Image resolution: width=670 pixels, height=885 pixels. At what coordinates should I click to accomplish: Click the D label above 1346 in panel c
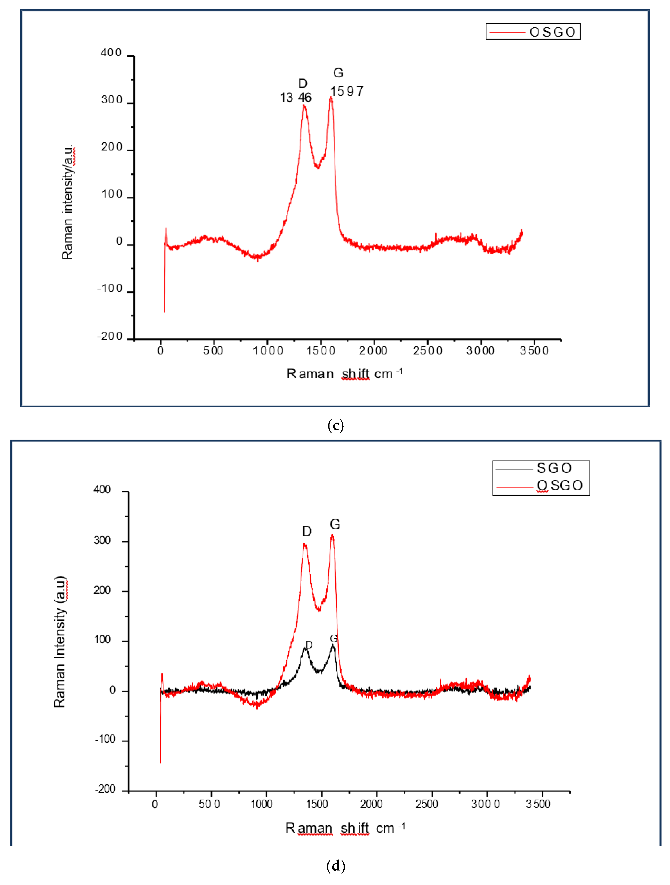click(x=303, y=84)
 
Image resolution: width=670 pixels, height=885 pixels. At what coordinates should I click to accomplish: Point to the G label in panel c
click(x=338, y=73)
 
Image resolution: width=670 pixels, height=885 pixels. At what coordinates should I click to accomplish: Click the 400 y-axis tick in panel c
click(x=111, y=53)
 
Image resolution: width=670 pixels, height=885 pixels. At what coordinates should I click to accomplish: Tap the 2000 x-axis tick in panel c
click(x=373, y=351)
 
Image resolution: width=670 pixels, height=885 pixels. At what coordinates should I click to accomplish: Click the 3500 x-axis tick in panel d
click(x=538, y=804)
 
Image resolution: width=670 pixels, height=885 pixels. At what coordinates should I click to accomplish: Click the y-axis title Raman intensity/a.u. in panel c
click(x=68, y=202)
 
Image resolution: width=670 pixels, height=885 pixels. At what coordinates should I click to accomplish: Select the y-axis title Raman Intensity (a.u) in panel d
click(x=60, y=642)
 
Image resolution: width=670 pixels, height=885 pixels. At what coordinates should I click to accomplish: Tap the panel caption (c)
click(x=335, y=425)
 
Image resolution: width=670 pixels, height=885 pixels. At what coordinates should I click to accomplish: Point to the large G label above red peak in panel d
click(x=335, y=524)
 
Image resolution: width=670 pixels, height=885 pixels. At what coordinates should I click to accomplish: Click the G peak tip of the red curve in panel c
click(x=331, y=97)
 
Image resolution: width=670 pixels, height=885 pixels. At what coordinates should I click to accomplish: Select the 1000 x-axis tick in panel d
click(x=262, y=804)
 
